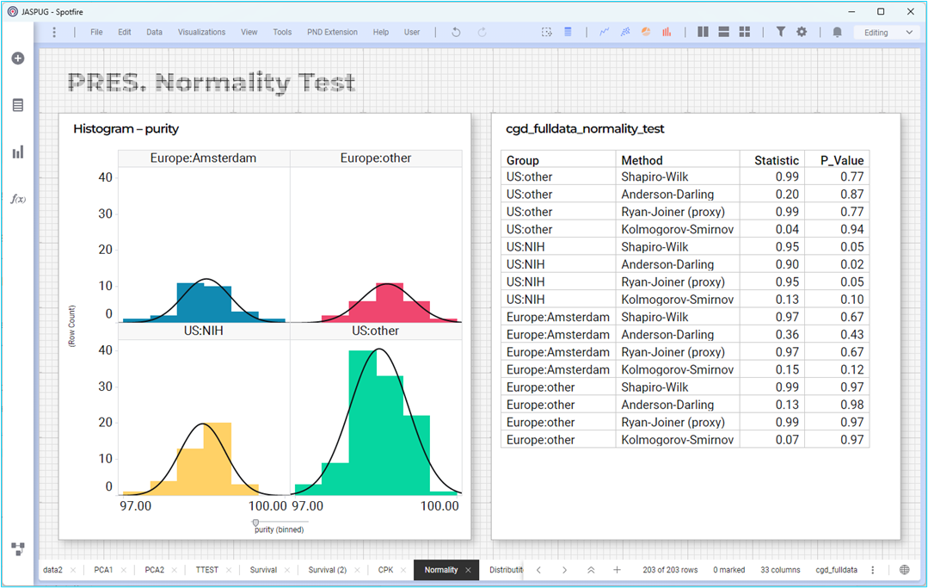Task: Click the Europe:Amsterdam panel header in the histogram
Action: click(204, 158)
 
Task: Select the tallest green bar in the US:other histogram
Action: click(362, 422)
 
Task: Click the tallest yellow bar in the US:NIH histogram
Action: click(218, 459)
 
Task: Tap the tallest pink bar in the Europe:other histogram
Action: click(390, 302)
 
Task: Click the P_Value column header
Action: click(842, 160)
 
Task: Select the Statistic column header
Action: click(777, 160)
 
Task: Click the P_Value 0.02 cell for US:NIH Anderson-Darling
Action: click(851, 264)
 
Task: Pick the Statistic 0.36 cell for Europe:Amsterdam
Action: click(787, 335)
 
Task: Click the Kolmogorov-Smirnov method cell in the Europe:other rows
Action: click(677, 440)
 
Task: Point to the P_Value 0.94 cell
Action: click(851, 229)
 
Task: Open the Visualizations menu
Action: click(201, 32)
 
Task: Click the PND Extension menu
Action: click(332, 32)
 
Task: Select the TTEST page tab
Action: click(207, 570)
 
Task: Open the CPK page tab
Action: click(385, 570)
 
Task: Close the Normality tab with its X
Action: click(468, 570)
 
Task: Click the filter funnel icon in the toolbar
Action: click(781, 32)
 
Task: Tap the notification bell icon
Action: click(837, 32)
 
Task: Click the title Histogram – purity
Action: click(126, 129)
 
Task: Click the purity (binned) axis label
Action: click(279, 529)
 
